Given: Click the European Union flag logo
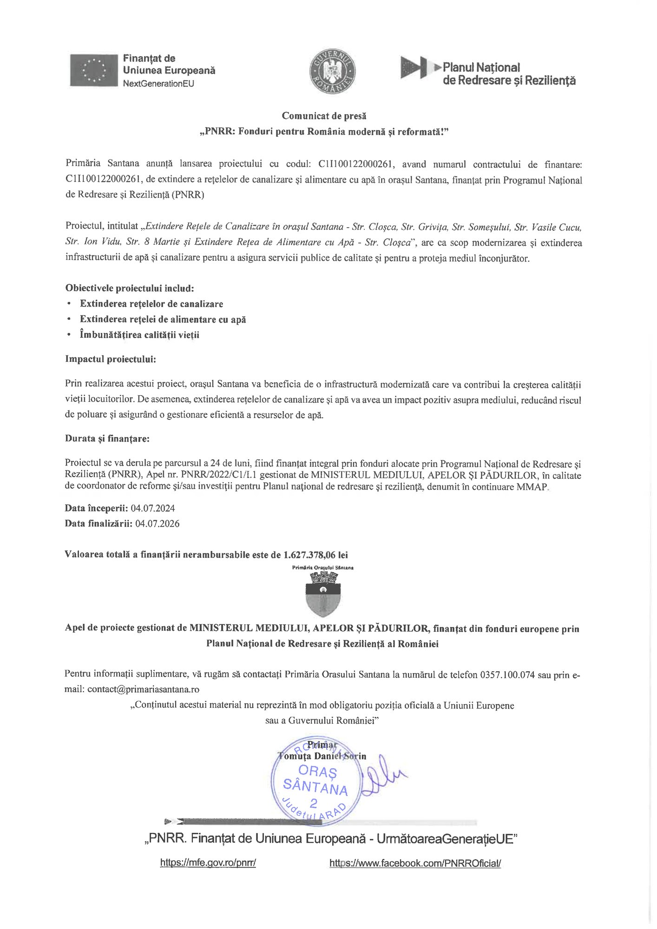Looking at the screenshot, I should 94,70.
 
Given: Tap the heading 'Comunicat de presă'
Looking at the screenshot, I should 324,116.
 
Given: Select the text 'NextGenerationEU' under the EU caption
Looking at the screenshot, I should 158,84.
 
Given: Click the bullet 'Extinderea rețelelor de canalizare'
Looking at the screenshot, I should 151,304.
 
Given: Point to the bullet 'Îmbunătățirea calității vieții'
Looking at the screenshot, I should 139,334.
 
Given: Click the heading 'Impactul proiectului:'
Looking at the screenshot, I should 111,359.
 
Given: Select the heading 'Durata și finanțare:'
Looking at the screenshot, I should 107,438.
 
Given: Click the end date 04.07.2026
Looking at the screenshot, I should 157,523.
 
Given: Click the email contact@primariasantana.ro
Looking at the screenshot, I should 144,689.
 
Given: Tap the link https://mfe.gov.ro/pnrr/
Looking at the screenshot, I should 208,863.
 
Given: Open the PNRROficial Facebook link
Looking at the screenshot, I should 415,863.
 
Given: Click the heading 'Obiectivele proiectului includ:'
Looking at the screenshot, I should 130,288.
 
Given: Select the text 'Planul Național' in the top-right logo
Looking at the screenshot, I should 481,68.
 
